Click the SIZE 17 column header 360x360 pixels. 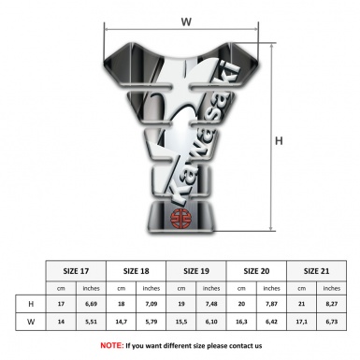[x=78, y=270]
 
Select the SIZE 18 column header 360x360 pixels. [x=137, y=270]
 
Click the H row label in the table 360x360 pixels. [x=33, y=305]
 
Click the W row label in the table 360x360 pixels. [x=33, y=323]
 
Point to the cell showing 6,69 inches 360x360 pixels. [x=93, y=305]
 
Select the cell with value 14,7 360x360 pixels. [x=122, y=323]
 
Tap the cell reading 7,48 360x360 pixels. [x=212, y=305]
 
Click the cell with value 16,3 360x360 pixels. [x=242, y=323]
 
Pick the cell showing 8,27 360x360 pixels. [x=332, y=305]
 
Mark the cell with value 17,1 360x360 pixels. [x=302, y=323]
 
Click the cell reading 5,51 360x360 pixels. [x=93, y=323]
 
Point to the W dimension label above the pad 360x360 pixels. [x=185, y=19]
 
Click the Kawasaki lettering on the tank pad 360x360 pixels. [x=200, y=140]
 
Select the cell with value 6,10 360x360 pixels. [x=212, y=323]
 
